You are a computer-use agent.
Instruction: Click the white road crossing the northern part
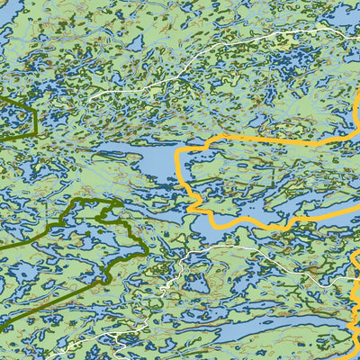(225, 63)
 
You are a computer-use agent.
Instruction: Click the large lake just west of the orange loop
(144, 162)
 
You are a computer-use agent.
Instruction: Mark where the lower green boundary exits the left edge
(3, 246)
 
